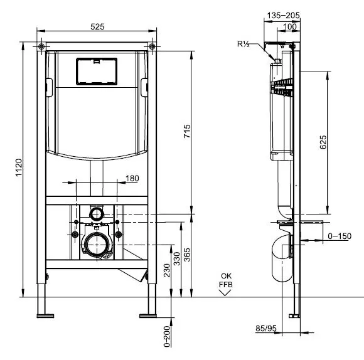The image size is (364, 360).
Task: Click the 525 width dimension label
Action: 97,27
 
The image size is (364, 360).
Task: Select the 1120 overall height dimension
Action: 19,167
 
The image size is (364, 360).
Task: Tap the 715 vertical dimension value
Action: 187,131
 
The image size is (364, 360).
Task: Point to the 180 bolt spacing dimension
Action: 132,178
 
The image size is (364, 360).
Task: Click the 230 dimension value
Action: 167,270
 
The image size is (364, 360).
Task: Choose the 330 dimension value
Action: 177,258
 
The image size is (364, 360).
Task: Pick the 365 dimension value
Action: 187,255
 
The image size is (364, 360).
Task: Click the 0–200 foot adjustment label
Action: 167,336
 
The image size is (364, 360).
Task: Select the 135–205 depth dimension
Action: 283,16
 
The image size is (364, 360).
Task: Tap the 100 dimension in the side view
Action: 290,27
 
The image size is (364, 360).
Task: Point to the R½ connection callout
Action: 244,44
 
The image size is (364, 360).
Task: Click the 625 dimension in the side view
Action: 323,142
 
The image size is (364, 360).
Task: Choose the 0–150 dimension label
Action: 340,236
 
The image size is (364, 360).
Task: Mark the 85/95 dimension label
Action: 266,328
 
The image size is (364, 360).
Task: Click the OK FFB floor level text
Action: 226,280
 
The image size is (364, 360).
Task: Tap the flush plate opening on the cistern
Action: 97,71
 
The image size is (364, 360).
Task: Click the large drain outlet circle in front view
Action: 97,245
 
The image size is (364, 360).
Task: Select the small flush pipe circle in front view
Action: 96,214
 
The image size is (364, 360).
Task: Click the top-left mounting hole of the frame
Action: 41,46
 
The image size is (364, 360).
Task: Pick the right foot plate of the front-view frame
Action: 148,315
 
